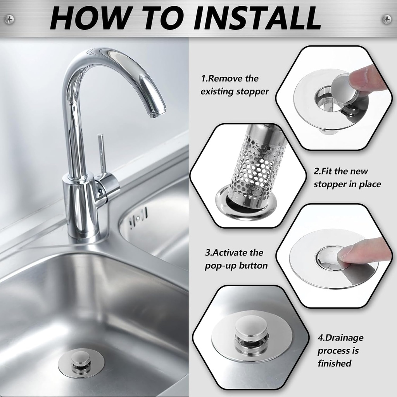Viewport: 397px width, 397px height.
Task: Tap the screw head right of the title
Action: [x=387, y=19]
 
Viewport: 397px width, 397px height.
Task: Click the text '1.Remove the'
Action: [x=230, y=79]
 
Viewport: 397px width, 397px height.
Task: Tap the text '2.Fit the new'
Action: [x=341, y=171]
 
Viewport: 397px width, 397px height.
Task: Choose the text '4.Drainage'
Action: [x=340, y=338]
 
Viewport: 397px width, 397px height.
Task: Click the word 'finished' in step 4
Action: [x=334, y=364]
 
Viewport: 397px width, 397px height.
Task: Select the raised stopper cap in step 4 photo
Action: [x=251, y=326]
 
